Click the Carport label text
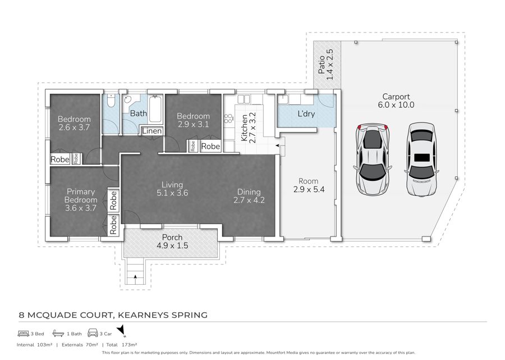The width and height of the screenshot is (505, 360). [396, 97]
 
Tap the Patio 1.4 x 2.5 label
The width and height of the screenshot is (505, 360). [325, 65]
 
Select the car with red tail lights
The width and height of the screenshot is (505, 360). [373, 159]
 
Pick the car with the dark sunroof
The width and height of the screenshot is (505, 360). [421, 159]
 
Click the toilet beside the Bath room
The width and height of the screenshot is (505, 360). [111, 101]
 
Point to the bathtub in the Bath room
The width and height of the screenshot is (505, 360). [155, 108]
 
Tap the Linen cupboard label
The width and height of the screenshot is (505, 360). [152, 131]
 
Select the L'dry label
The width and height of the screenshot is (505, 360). [306, 114]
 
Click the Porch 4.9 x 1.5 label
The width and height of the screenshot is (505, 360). [172, 241]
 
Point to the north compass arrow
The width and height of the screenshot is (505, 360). [121, 330]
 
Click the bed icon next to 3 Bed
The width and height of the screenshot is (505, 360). [24, 333]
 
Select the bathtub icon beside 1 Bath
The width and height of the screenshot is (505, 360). [58, 333]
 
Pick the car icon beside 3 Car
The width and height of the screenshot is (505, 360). [93, 333]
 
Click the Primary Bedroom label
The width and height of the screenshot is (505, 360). [80, 196]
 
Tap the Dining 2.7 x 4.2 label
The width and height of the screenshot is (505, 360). [249, 196]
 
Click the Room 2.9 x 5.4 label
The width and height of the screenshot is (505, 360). [309, 185]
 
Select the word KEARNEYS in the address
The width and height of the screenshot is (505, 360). [143, 315]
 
